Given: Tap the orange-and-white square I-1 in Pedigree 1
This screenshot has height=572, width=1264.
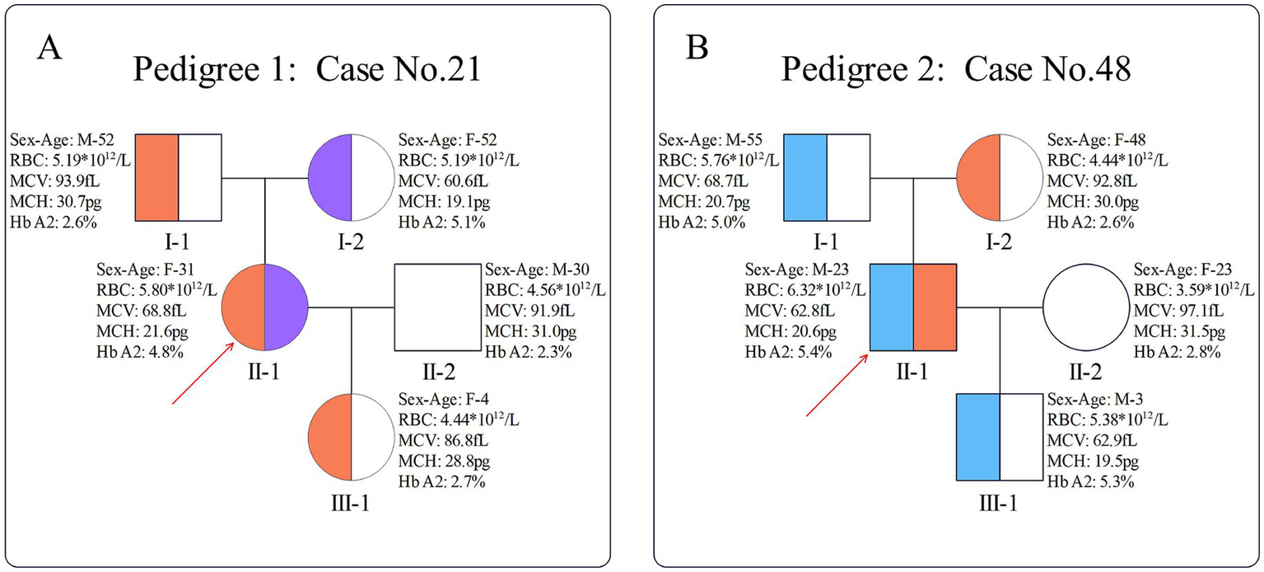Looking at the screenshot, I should [179, 177].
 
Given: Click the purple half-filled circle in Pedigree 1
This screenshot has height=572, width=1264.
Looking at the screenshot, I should [352, 177].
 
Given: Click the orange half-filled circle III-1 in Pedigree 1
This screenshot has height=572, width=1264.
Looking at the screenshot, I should [352, 438].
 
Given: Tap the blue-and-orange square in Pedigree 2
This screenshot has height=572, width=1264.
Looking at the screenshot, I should [913, 307].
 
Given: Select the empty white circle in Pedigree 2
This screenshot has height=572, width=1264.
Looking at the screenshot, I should [1086, 307].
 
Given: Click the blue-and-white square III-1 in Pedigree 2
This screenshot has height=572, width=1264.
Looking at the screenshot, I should [1000, 438].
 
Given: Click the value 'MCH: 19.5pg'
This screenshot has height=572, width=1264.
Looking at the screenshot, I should [1084, 463].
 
